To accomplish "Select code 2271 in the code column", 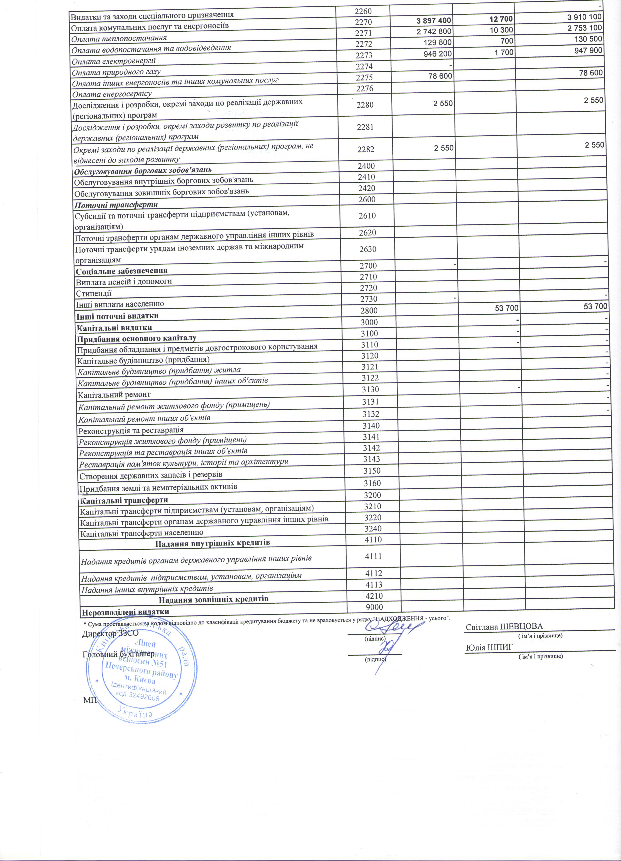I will point(364,33).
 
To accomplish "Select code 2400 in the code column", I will point(366,166).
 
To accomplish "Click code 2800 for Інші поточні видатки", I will point(368,311).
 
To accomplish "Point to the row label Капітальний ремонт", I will point(114,395).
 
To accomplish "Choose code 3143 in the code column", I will point(371,459).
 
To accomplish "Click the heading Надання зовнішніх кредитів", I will point(213,600).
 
